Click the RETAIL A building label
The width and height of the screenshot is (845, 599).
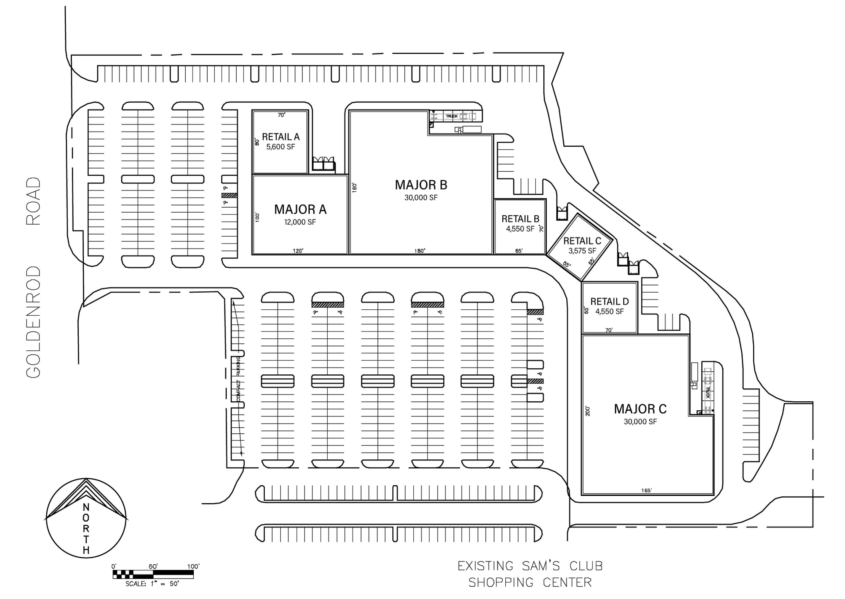click(x=281, y=137)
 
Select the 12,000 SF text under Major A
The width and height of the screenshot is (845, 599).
click(x=300, y=222)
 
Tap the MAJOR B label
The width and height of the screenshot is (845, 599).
click(x=421, y=185)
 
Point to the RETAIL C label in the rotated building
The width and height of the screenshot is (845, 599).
click(x=582, y=241)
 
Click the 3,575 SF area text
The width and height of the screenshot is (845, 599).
click(x=582, y=251)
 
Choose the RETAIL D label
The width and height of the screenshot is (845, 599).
click(x=609, y=301)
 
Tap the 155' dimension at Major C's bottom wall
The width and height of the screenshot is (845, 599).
click(x=646, y=491)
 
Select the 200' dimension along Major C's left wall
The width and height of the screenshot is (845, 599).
click(x=588, y=411)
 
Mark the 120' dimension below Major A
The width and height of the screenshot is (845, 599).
click(x=298, y=251)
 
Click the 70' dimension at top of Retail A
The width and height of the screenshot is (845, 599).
click(x=282, y=115)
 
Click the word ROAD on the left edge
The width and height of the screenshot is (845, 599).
click(x=33, y=201)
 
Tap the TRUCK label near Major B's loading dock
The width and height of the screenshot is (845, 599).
click(x=451, y=116)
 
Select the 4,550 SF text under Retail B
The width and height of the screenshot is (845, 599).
click(x=520, y=229)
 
